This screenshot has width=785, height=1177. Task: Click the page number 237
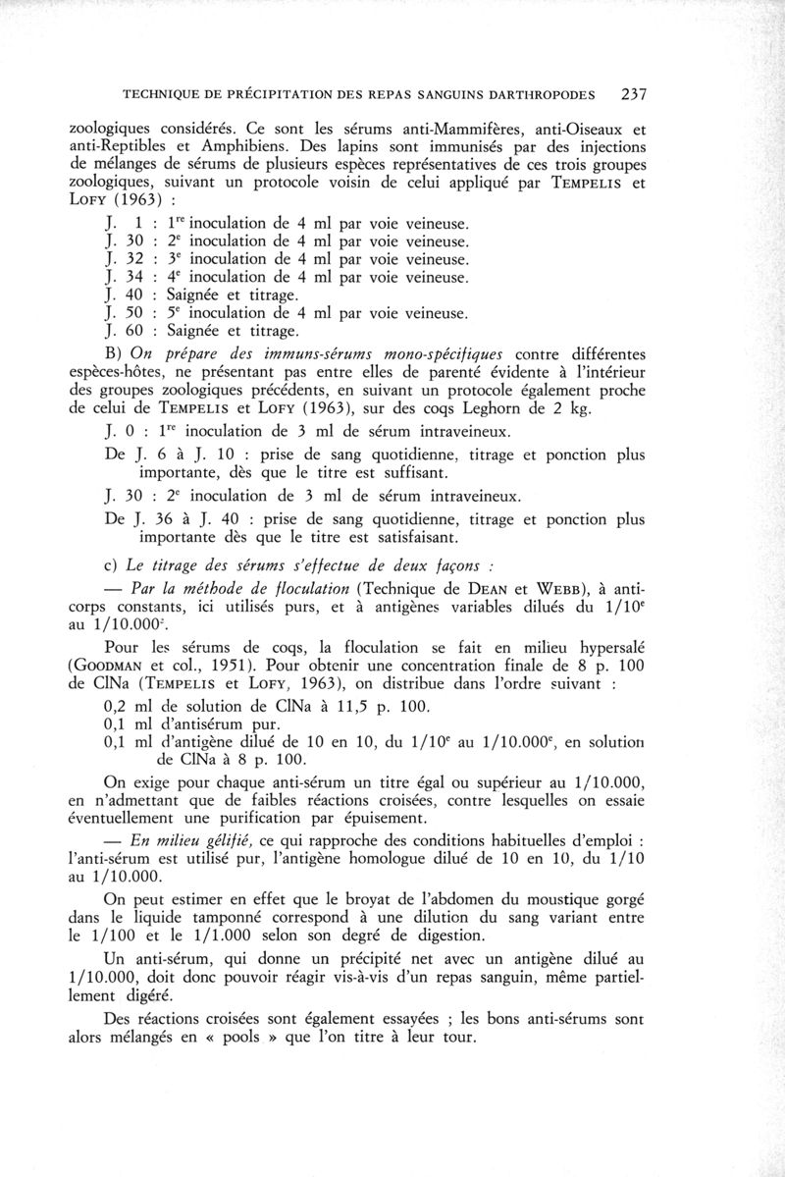click(x=625, y=94)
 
